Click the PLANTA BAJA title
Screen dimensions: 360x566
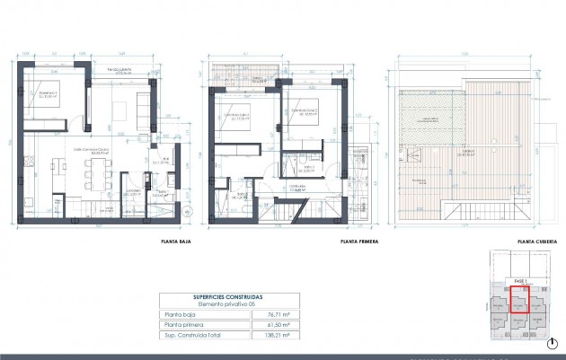175,241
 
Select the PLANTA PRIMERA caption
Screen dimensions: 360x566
359,241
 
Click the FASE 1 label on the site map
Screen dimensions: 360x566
518,282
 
